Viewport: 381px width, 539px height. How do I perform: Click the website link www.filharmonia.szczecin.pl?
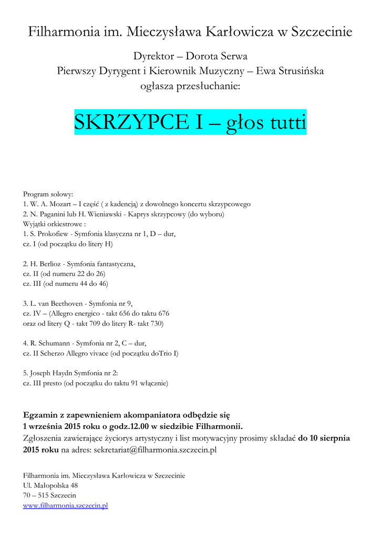[x=65, y=506]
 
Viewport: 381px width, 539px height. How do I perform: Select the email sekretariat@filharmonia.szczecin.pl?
[x=155, y=450]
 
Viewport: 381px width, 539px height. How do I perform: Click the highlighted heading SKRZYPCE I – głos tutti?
[x=190, y=123]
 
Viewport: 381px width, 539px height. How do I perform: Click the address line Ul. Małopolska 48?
[x=50, y=486]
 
